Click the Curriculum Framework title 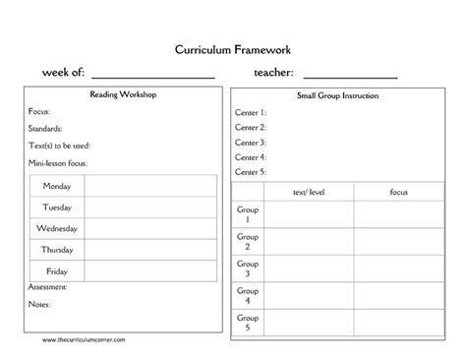point(232,48)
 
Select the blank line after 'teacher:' point(351,75)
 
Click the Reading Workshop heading point(123,95)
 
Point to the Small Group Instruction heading point(337,96)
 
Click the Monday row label point(57,186)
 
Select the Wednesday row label point(57,228)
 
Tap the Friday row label point(57,270)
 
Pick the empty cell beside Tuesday point(149,207)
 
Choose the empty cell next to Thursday point(149,249)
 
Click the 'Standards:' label point(46,129)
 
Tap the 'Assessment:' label point(48,287)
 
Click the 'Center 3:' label point(251,143)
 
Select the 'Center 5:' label point(251,172)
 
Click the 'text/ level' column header point(308,192)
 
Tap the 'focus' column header point(398,192)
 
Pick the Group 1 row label point(247,214)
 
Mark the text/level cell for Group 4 point(308,295)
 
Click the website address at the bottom point(84,338)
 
